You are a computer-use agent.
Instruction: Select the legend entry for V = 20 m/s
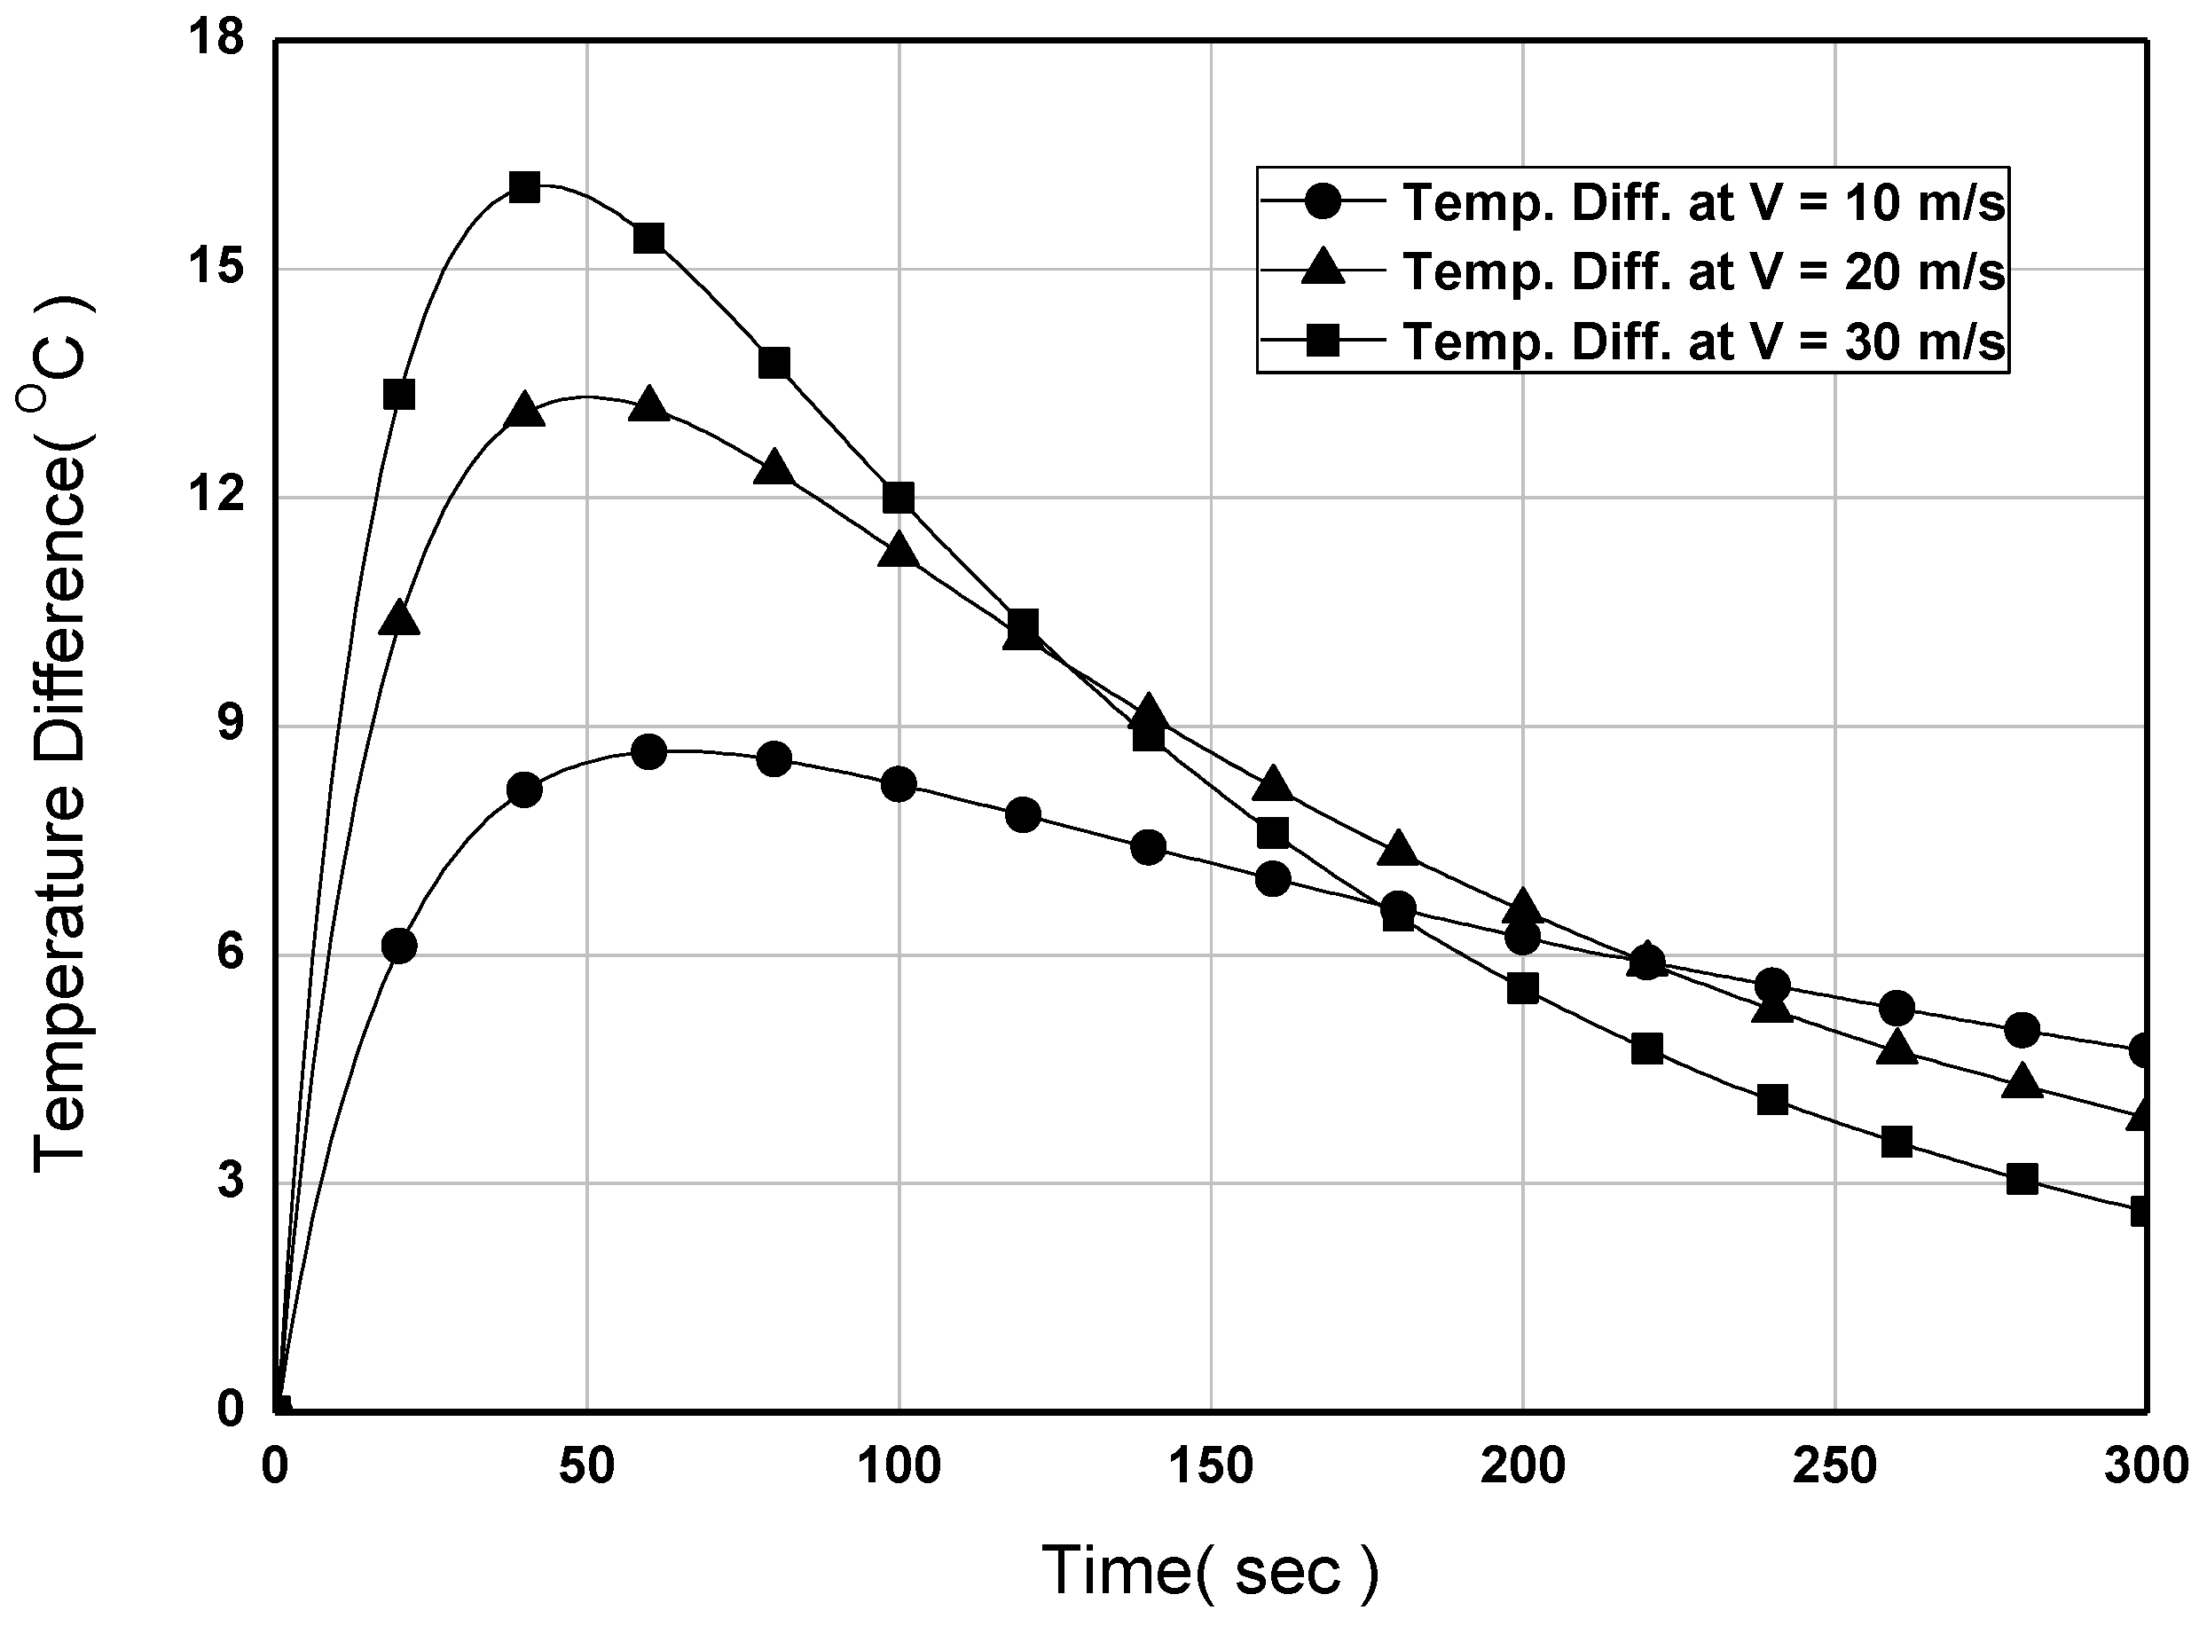[1702, 271]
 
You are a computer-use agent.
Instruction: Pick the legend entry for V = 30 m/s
[1702, 342]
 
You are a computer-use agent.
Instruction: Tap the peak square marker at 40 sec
[524, 187]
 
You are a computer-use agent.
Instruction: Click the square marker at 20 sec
[398, 395]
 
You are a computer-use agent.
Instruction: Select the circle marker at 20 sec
[398, 946]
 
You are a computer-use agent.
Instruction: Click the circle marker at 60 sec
[648, 752]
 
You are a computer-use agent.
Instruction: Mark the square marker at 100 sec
[899, 498]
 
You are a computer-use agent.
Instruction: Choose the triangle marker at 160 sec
[1272, 783]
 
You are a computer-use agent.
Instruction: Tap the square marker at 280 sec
[2022, 1179]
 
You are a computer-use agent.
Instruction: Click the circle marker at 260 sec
[1896, 1008]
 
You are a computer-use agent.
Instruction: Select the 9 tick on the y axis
[229, 726]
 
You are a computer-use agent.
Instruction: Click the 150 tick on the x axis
[1210, 1467]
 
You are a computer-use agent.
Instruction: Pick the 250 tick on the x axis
[1835, 1467]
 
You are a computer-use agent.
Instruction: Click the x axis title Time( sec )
[1210, 1570]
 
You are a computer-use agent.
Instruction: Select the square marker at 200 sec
[1522, 988]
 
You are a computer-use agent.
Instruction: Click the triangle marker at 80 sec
[774, 467]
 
